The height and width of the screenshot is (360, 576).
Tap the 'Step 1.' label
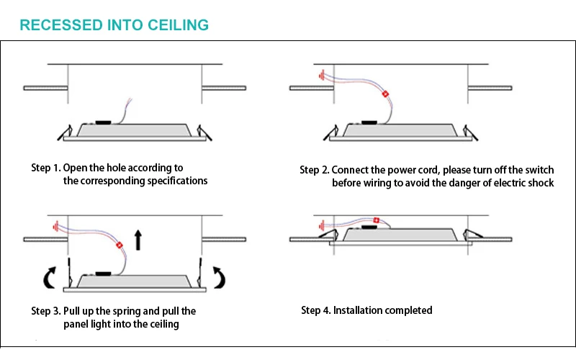click(x=45, y=168)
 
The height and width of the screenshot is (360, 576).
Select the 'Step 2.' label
click(x=315, y=170)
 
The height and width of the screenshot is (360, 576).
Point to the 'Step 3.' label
click(x=45, y=311)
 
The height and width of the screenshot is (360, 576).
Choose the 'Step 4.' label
click(x=315, y=310)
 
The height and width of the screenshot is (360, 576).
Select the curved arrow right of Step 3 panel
click(x=219, y=275)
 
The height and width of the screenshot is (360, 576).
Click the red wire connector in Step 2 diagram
click(x=384, y=94)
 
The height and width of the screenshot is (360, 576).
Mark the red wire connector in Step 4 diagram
click(x=376, y=219)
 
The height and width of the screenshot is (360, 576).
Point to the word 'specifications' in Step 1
click(x=177, y=181)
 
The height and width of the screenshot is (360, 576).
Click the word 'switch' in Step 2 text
click(x=539, y=170)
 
